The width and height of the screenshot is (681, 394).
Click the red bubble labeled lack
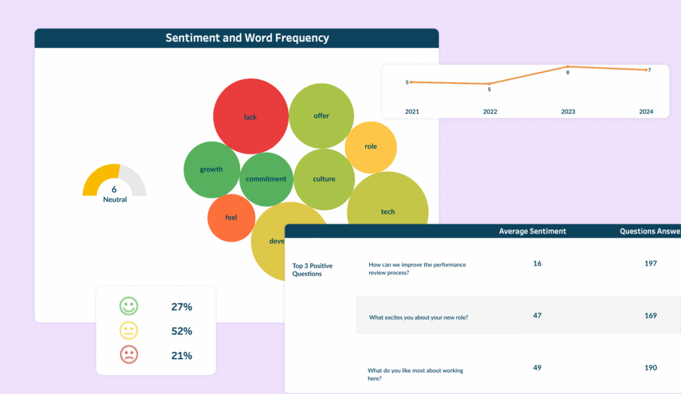coord(250,116)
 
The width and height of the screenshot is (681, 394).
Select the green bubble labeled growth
coord(211,170)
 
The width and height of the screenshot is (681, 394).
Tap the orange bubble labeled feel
coord(231,218)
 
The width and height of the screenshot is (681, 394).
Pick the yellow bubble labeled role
coord(370,147)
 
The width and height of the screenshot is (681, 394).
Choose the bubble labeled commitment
coord(266,179)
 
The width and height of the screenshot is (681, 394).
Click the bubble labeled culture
coord(324,179)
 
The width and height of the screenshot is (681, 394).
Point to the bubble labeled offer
coord(321,116)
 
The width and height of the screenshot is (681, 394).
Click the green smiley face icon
coord(128,307)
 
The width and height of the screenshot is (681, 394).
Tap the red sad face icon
coord(128,355)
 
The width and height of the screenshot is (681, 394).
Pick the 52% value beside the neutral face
coord(182,331)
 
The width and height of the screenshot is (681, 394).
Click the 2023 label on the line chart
coord(568,112)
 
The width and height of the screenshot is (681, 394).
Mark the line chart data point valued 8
coord(568,67)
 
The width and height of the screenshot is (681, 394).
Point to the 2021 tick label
coord(412,112)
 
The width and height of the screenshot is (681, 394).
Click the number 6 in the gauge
coord(114,189)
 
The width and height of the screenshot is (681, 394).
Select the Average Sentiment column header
coord(533,232)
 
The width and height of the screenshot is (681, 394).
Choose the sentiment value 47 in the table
coord(537,315)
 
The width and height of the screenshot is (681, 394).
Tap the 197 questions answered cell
coord(650,264)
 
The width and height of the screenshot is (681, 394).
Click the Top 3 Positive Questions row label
coord(313,270)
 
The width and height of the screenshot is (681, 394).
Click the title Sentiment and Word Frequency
coord(247,38)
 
